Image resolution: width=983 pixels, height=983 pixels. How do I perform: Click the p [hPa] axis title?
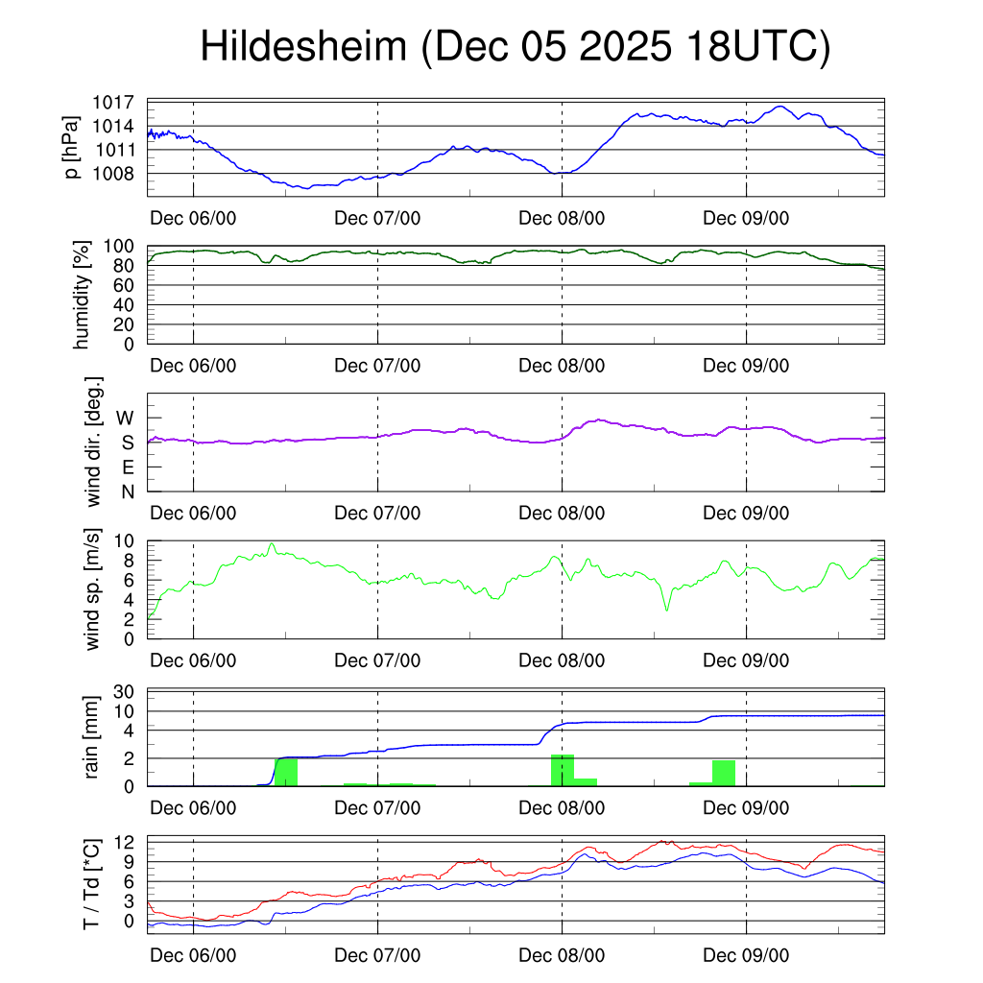(71, 148)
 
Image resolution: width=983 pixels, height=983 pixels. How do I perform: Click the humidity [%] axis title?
(83, 295)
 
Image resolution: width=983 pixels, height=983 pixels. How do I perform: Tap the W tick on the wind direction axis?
(125, 418)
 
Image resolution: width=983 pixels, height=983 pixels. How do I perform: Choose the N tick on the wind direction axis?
(127, 491)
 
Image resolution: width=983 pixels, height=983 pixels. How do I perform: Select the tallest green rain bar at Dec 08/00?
(562, 771)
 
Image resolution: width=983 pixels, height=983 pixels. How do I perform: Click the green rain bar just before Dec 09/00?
(723, 774)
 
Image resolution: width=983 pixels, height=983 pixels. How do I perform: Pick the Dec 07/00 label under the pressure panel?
(377, 218)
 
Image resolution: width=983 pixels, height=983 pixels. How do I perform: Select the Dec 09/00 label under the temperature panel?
(746, 955)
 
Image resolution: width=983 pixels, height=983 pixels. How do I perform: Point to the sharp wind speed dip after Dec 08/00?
(666, 609)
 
